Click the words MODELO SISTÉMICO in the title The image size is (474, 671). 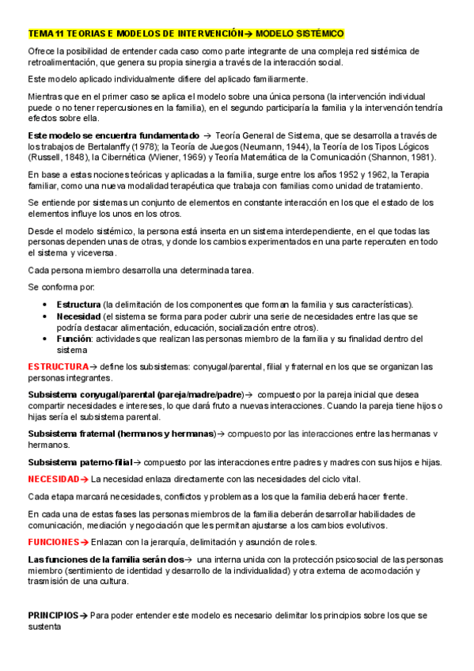point(299,34)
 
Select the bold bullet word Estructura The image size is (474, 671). point(78,305)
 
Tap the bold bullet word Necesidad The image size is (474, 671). point(78,316)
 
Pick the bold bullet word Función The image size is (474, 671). point(74,338)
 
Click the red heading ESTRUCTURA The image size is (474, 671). point(58,366)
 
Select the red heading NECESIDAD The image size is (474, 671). point(53,480)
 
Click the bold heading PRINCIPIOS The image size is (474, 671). point(53,615)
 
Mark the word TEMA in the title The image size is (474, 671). point(38,34)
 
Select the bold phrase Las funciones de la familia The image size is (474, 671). point(88,559)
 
